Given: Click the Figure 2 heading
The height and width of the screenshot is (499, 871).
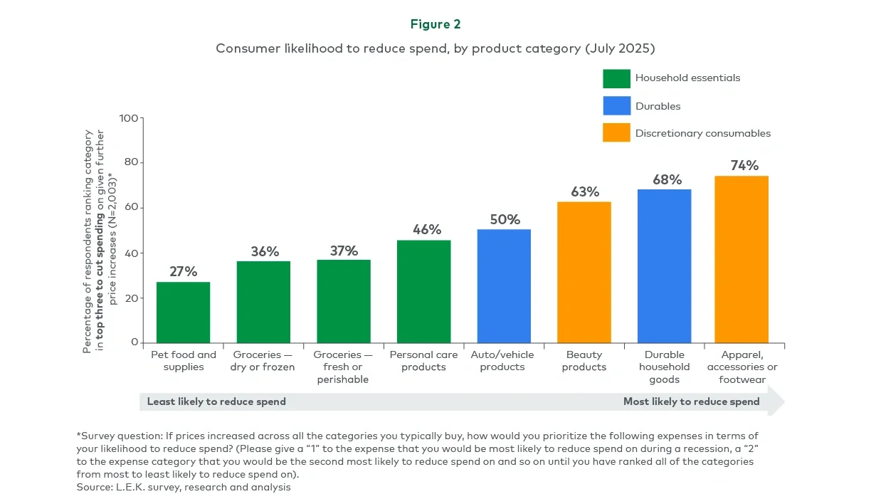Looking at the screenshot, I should click(435, 24).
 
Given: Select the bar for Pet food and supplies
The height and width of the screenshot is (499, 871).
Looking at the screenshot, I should click(183, 312).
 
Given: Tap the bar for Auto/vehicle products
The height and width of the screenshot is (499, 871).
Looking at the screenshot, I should click(504, 286).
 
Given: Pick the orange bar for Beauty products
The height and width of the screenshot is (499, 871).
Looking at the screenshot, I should click(584, 272).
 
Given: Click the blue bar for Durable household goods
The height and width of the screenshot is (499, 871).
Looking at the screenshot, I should click(664, 266).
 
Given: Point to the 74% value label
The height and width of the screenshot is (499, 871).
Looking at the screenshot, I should click(744, 166).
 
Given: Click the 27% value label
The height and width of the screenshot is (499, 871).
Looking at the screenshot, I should click(183, 272).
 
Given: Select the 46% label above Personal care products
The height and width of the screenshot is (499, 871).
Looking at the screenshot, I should click(427, 230).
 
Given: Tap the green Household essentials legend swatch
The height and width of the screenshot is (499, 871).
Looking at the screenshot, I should click(616, 78).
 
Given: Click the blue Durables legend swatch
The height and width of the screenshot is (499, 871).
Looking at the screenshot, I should click(616, 105).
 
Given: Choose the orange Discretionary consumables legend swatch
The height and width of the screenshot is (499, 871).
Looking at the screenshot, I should click(616, 132).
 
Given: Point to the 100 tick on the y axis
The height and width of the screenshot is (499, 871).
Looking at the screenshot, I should click(129, 118).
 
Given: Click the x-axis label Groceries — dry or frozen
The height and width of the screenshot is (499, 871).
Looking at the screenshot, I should click(263, 361).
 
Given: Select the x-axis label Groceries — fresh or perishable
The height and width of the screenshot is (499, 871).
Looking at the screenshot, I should click(343, 367).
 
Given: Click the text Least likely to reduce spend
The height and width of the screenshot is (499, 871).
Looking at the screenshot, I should click(216, 401).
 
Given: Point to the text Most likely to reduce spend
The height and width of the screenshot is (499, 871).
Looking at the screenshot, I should click(691, 401).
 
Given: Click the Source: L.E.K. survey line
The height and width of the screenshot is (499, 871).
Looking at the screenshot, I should click(184, 488).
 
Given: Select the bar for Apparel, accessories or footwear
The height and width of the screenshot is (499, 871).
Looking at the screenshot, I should click(741, 259).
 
